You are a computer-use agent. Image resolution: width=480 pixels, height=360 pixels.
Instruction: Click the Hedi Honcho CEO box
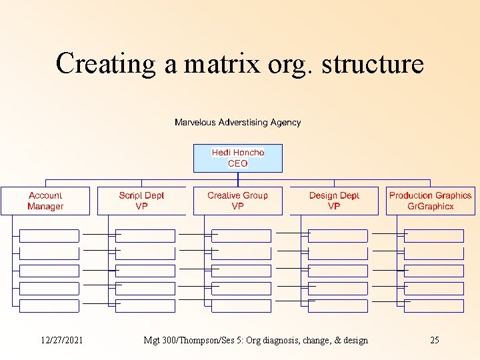point(237,158)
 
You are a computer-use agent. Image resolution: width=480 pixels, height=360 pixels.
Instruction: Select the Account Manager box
point(45,201)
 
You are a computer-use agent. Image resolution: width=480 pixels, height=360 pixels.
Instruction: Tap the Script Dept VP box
point(141,201)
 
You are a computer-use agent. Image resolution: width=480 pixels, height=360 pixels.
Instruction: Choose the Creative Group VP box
point(237,201)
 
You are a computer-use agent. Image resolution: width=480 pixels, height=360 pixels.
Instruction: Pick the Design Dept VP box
point(334,201)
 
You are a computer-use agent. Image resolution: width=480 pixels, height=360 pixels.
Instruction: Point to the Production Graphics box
point(430,201)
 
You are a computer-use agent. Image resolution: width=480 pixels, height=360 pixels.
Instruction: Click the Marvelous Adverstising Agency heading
point(237,122)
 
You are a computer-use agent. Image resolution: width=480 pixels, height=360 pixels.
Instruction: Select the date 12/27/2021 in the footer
point(62,340)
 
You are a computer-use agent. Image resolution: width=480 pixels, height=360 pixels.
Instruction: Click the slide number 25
point(435,340)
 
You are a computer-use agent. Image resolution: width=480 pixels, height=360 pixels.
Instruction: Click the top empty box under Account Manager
point(49,236)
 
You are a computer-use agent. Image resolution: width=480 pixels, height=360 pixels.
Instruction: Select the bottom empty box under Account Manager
point(49,306)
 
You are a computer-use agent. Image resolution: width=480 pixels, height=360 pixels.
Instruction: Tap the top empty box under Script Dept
point(145,236)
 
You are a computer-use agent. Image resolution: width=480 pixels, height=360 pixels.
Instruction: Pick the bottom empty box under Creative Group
point(241,306)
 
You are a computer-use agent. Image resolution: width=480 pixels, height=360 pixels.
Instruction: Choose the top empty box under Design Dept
point(338,236)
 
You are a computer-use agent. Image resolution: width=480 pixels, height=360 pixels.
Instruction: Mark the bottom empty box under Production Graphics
point(434,306)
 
